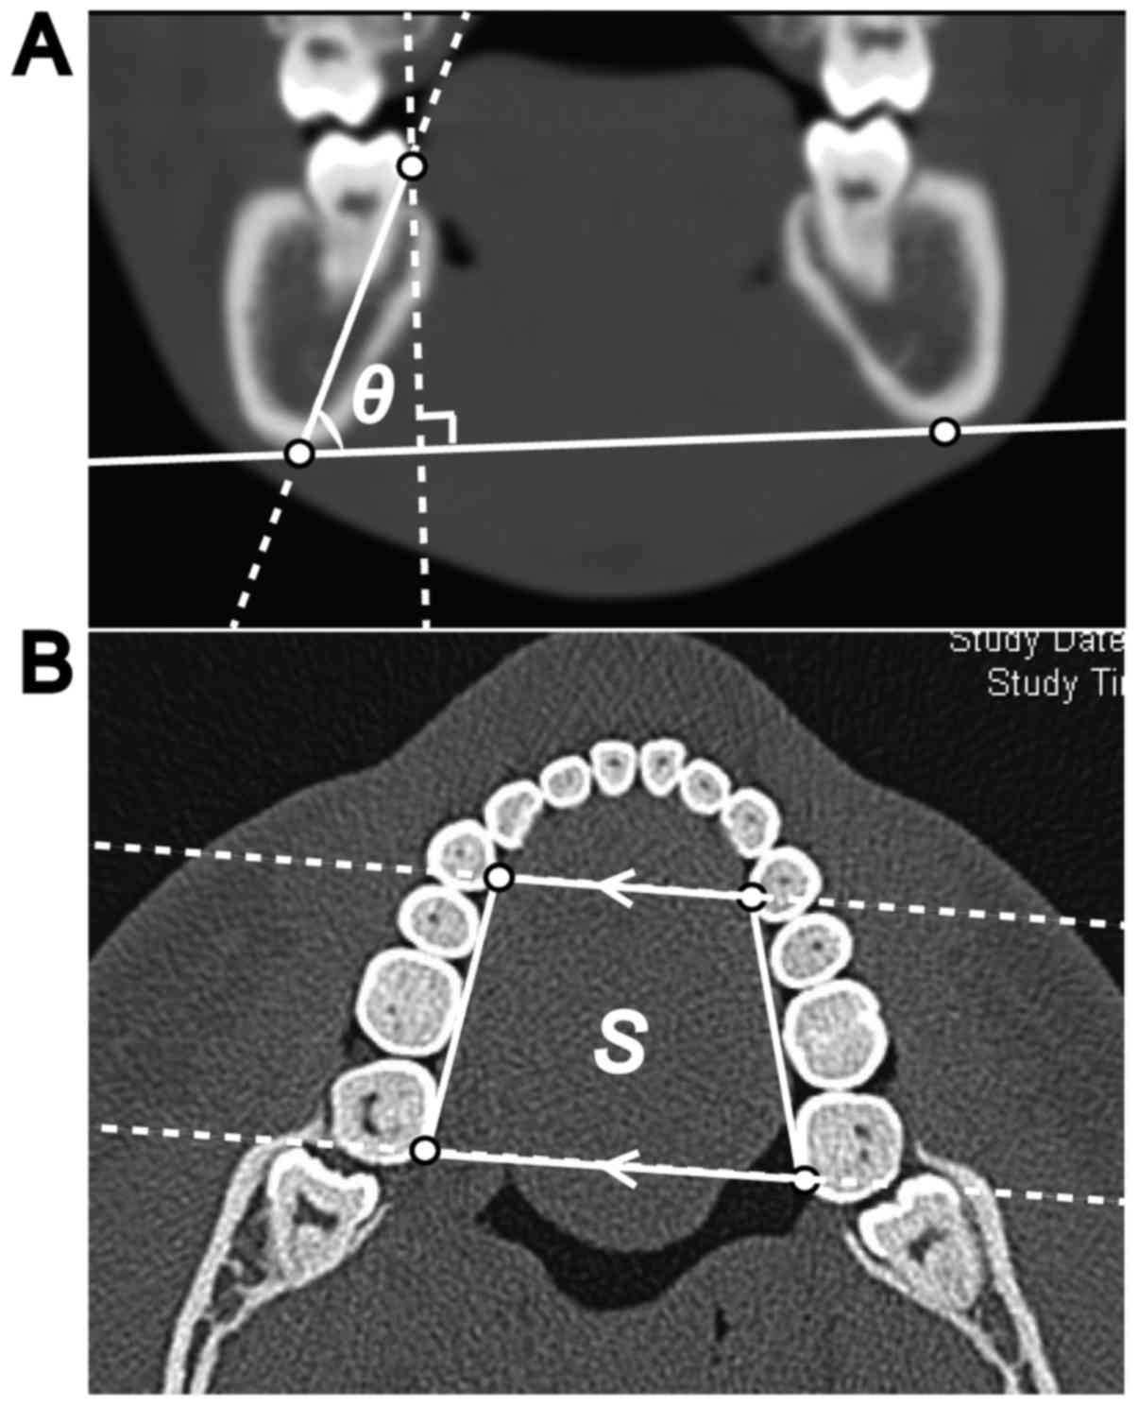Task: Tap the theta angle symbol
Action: (373, 397)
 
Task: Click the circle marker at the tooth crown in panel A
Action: (412, 166)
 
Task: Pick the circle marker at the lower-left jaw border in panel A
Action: (299, 454)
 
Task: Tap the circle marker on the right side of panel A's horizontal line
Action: (943, 432)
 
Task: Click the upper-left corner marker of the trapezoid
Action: (500, 878)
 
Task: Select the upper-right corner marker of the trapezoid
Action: (752, 896)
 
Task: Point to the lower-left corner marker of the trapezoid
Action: (426, 1150)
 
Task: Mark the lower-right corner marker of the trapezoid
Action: (805, 1178)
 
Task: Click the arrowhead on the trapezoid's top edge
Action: (615, 887)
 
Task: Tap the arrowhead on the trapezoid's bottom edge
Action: (615, 1165)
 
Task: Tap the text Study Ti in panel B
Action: (1054, 682)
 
